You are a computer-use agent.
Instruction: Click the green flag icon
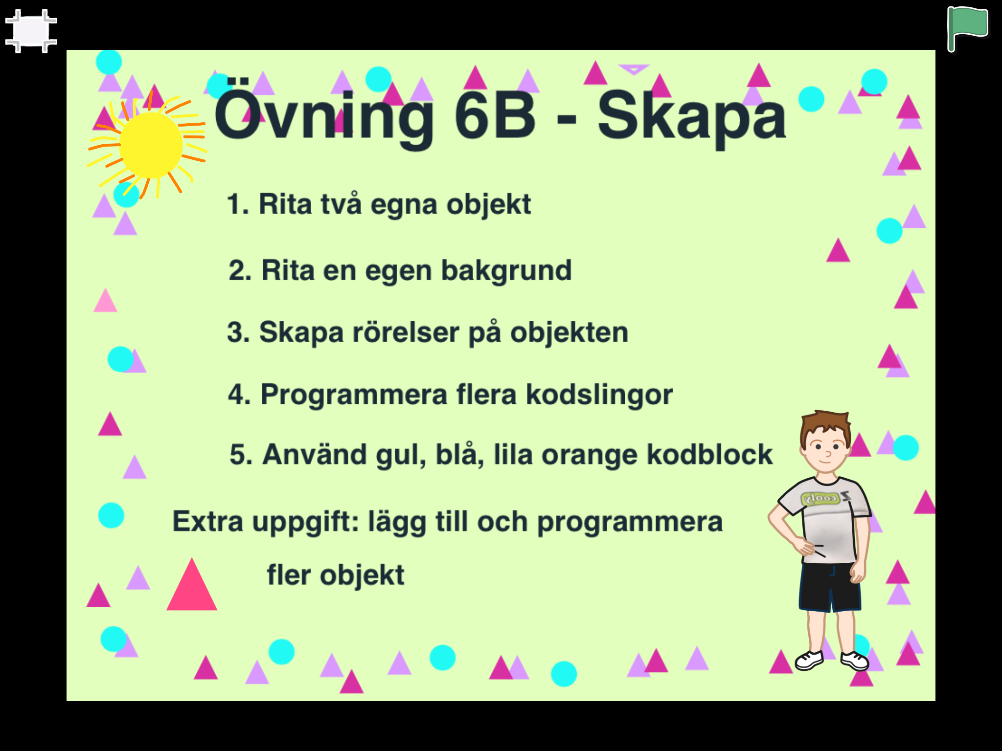[x=968, y=28]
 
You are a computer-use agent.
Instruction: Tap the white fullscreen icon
[x=31, y=31]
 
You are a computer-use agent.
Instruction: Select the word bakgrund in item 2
[x=506, y=271]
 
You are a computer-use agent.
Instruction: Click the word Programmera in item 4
[x=354, y=395]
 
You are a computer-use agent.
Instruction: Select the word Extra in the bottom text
[x=208, y=521]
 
